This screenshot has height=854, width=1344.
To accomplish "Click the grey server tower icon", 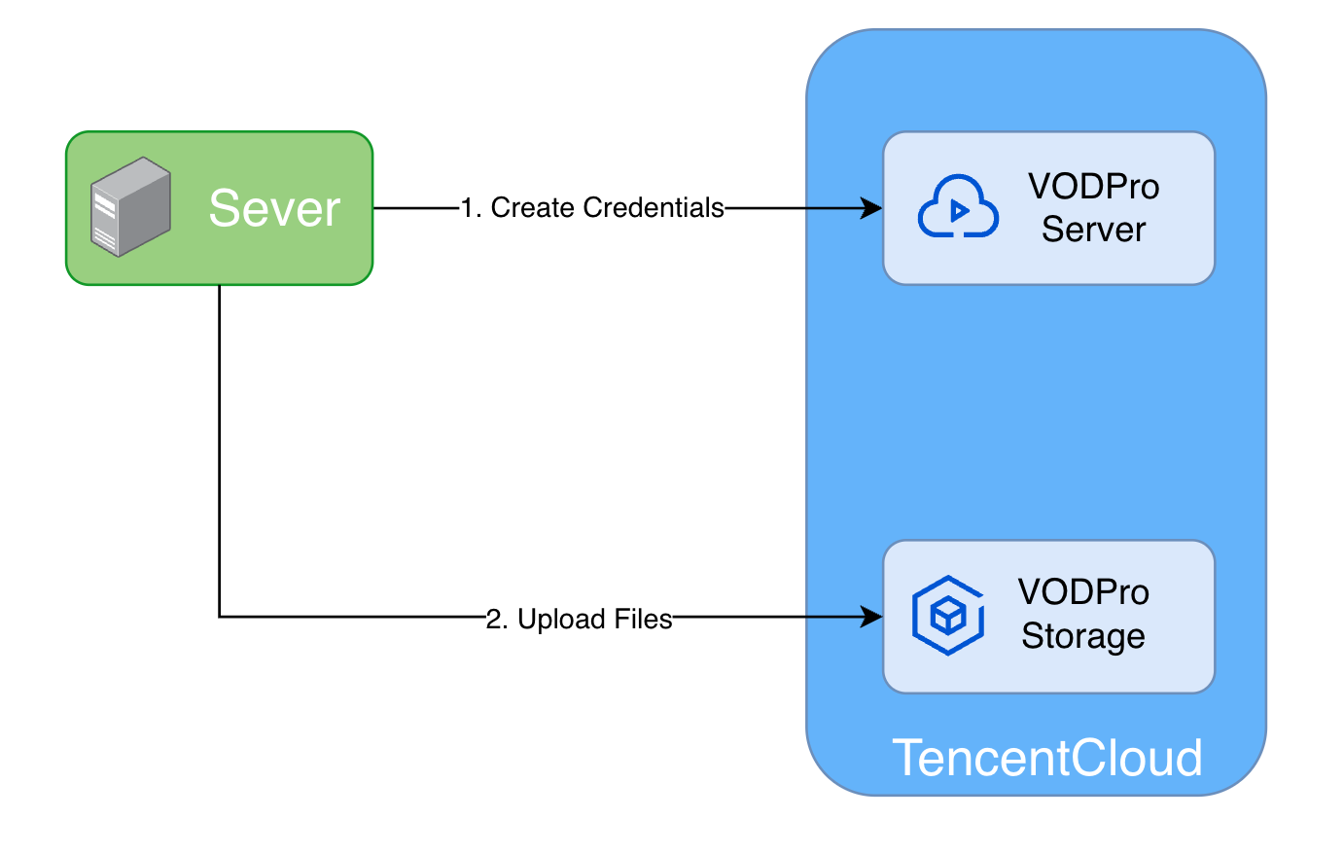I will click(130, 207).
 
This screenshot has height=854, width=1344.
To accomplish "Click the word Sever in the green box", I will click(274, 208).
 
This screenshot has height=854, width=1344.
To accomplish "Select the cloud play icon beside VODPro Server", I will click(958, 207).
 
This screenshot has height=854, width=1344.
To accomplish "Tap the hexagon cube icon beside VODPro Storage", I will click(947, 616).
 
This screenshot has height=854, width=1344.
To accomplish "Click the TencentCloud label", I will click(1046, 758).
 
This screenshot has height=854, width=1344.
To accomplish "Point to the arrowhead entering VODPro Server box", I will click(872, 208).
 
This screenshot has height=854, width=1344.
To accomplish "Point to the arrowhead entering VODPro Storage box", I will click(872, 617).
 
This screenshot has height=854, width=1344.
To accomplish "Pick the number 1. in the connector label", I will click(472, 208).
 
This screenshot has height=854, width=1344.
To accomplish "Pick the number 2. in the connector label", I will click(497, 620).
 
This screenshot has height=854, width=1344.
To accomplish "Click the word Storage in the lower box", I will click(1083, 636).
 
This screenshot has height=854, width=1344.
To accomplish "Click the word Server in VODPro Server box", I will click(1093, 230).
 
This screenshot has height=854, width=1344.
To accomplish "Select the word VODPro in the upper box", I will click(1093, 187).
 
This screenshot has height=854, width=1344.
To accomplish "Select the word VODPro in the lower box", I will click(1083, 592).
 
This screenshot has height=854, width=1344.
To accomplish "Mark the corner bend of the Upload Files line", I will click(220, 617).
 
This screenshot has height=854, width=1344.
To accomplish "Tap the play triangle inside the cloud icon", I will click(960, 210).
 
